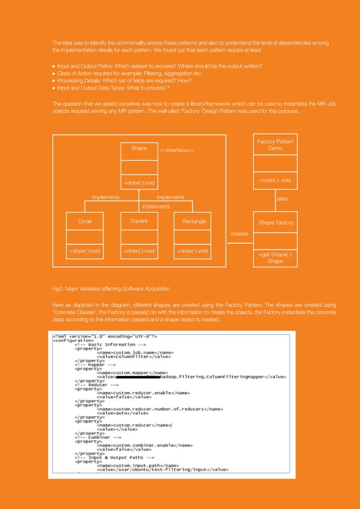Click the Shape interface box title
139,148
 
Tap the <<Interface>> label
177,150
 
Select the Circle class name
85,221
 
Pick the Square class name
139,221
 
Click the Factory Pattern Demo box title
275,144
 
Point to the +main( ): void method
275,180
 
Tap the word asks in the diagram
282,199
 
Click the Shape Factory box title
276,222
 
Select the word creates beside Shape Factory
240,233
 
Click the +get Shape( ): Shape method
275,258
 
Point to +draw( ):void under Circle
85,251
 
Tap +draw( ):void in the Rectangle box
192,251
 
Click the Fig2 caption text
111,289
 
